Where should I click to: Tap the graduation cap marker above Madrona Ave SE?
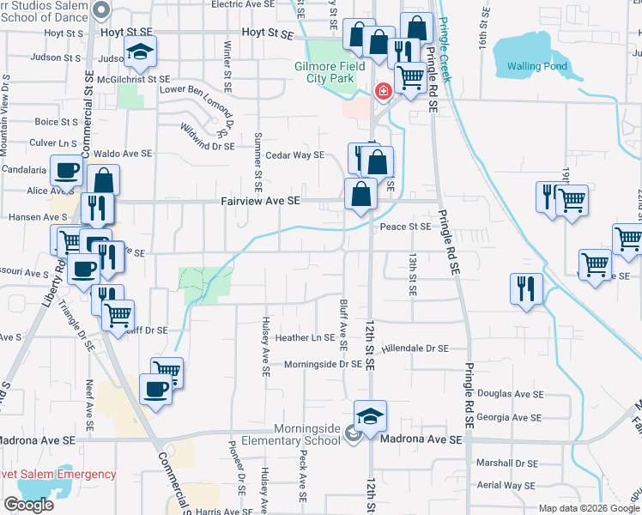370,416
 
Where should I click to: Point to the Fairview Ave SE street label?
260,201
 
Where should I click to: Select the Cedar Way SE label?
294,155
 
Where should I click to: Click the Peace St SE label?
405,227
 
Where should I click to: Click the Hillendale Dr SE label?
415,348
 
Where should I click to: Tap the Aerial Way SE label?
507,485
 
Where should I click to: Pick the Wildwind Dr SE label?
206,139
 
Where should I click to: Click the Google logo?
29,504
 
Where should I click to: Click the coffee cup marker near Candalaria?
66,170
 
